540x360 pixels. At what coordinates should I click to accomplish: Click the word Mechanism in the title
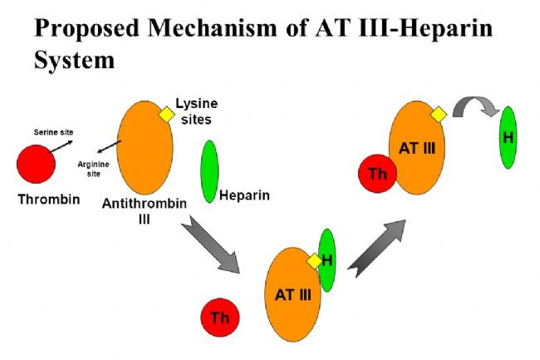[x=212, y=28]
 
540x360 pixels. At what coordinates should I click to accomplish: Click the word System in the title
[x=75, y=61]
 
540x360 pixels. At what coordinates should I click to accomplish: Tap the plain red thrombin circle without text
[x=37, y=164]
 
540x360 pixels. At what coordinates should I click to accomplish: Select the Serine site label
[x=53, y=132]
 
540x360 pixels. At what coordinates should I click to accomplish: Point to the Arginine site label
[x=93, y=169]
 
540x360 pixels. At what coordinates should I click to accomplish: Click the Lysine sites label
[x=197, y=111]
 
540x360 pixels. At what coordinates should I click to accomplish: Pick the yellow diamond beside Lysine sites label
[x=167, y=115]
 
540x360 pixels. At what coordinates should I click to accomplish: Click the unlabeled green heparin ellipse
[x=209, y=171]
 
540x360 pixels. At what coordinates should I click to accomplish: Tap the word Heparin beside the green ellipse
[x=244, y=195]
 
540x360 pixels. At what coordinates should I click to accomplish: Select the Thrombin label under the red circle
[x=49, y=200]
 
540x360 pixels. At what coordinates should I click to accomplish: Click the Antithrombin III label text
[x=145, y=211]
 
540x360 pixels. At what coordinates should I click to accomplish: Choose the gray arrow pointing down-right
[x=211, y=244]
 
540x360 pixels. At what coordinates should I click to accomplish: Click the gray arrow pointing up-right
[x=377, y=249]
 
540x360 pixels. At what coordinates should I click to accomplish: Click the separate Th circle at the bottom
[x=220, y=318]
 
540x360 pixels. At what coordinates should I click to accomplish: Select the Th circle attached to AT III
[x=377, y=173]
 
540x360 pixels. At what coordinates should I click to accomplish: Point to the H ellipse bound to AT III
[x=326, y=260]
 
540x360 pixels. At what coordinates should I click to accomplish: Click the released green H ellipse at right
[x=508, y=137]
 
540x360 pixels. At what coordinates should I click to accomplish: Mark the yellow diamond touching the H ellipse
[x=314, y=261]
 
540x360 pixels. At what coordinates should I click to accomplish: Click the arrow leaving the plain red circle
[x=61, y=146]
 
